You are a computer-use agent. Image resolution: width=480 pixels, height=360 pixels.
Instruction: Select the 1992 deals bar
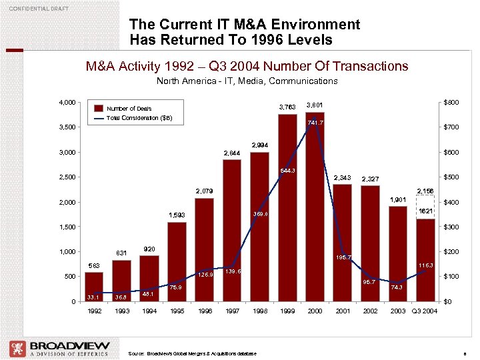point(94,287)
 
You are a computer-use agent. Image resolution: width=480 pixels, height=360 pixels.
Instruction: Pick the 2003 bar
point(397,253)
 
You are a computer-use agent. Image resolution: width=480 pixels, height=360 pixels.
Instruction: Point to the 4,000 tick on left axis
point(66,102)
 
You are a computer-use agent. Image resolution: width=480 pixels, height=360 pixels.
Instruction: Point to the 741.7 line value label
point(315,123)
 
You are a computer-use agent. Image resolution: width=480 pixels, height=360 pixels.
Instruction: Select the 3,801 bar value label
point(315,105)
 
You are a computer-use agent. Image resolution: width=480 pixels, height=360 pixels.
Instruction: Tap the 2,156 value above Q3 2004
point(425,191)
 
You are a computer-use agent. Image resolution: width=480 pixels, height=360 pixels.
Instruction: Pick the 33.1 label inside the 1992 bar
point(93,297)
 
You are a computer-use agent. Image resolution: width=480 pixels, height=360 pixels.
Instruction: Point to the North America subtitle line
point(247,81)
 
